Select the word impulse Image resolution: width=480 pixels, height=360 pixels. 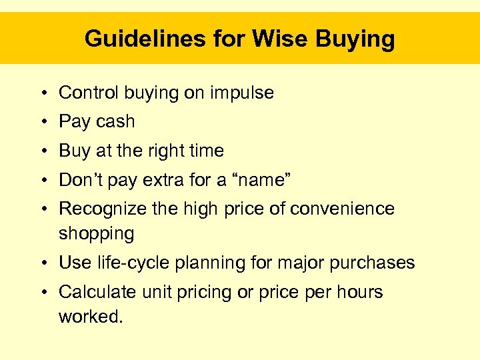242,93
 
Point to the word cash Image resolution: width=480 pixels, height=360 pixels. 115,121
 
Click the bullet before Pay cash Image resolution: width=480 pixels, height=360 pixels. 42,122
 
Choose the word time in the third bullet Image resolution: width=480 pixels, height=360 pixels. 207,151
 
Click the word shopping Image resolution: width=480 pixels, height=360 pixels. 97,234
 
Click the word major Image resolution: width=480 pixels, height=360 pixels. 304,263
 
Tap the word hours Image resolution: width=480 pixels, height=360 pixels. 361,292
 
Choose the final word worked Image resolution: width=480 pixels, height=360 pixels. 91,316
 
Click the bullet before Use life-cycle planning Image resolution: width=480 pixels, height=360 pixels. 42,263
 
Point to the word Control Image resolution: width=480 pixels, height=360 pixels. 85,93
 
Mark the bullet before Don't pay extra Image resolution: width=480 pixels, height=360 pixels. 42,181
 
